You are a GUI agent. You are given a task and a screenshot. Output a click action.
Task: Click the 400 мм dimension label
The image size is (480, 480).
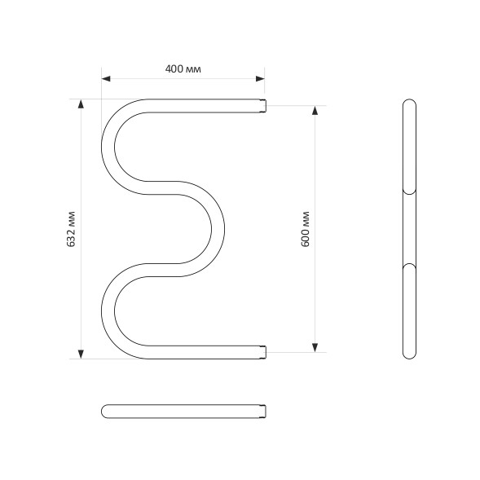pyautogui.click(x=183, y=69)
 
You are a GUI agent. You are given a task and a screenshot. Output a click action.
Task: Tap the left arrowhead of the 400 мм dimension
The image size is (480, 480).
pyautogui.click(x=106, y=79)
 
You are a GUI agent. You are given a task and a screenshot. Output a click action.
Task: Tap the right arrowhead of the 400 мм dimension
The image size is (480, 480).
pyautogui.click(x=260, y=79)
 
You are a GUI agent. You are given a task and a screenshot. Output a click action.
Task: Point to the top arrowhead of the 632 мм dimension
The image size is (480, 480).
pyautogui.click(x=80, y=104)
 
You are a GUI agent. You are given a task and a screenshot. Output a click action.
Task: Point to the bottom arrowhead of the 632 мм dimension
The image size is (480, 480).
pyautogui.click(x=80, y=353)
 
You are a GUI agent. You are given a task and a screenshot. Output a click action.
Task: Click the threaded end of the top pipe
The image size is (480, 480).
pyautogui.click(x=262, y=105)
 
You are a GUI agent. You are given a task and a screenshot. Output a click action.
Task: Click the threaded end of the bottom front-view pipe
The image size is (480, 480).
pyautogui.click(x=262, y=352)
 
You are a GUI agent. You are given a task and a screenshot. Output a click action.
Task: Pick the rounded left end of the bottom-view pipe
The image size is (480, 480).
pyautogui.click(x=105, y=410)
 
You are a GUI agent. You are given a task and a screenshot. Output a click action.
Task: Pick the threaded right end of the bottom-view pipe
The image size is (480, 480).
pyautogui.click(x=262, y=410)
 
